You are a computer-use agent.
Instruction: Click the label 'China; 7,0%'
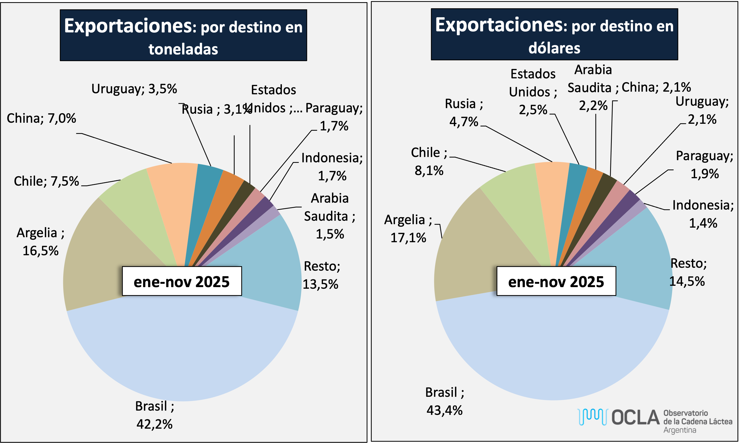tap(41, 118)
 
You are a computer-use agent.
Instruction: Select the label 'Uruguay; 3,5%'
tap(134, 89)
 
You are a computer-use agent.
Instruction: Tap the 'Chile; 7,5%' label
tap(46, 181)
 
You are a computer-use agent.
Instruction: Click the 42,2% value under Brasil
tap(154, 424)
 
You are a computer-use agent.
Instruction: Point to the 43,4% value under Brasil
tap(444, 410)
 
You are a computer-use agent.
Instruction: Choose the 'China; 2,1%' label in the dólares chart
tap(656, 87)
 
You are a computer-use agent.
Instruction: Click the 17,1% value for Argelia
tap(408, 238)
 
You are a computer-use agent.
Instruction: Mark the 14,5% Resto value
tap(687, 281)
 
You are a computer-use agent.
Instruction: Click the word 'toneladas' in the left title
tap(183, 49)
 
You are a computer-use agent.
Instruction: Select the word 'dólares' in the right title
tap(554, 48)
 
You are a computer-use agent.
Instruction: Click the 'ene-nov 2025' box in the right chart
tap(556, 281)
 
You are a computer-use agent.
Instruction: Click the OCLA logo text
tap(635, 417)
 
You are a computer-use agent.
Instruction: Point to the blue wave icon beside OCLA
tap(592, 417)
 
